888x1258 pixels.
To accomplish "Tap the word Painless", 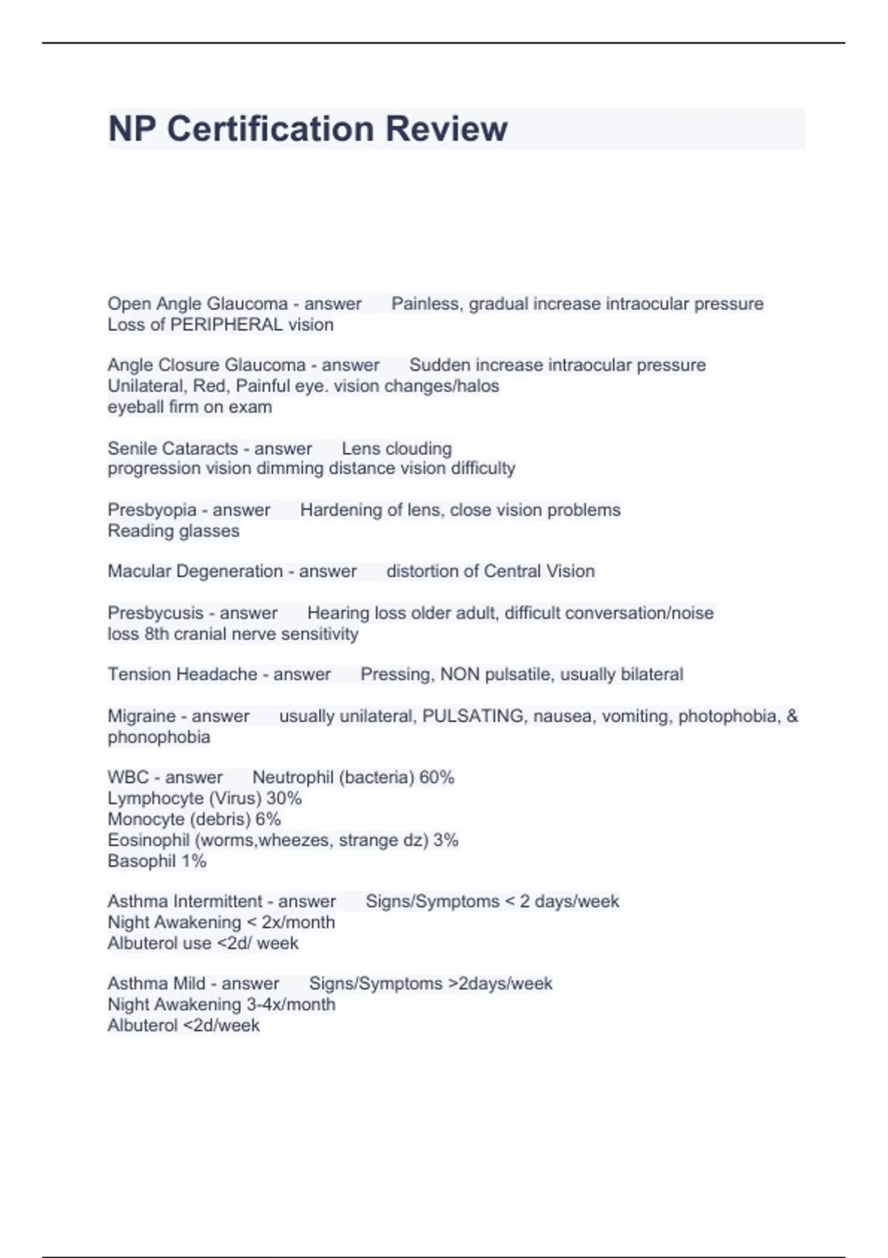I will pos(426,304).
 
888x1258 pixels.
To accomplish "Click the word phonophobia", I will pos(159,737).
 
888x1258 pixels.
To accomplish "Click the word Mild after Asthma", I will pos(188,983).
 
